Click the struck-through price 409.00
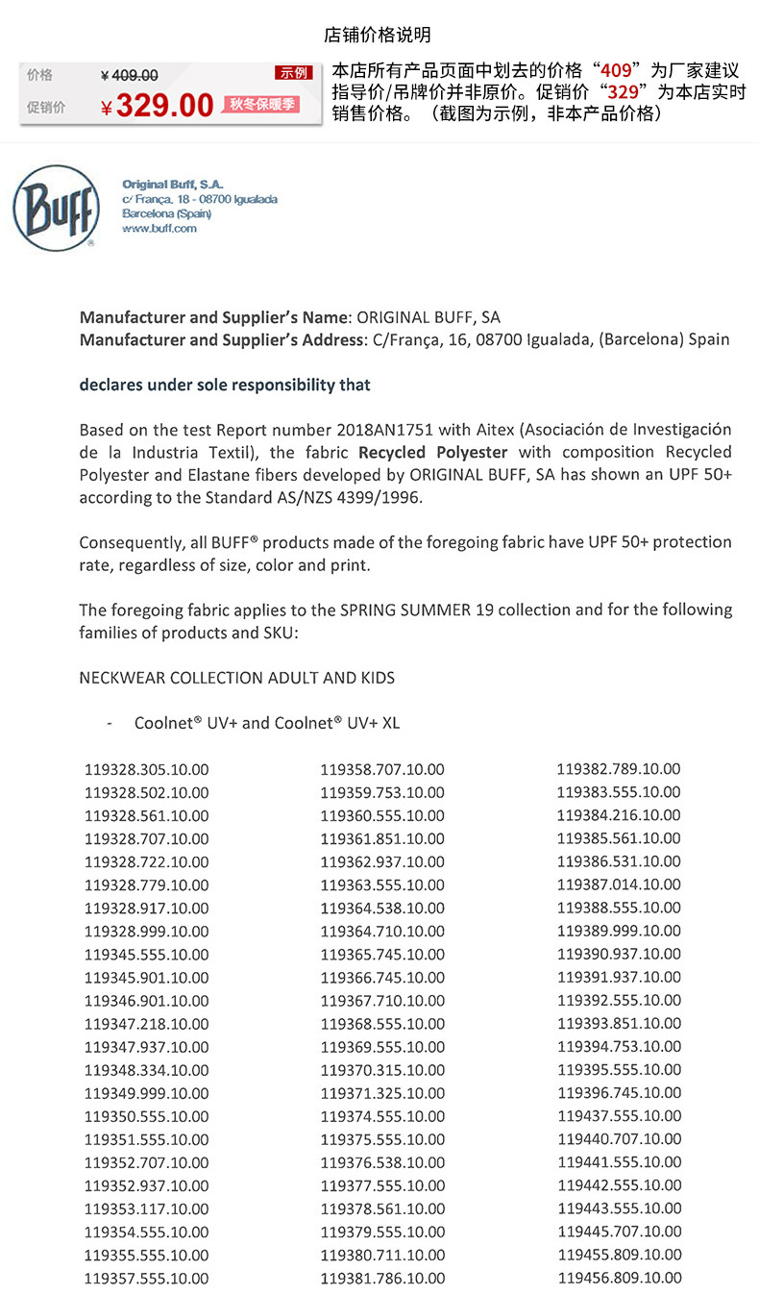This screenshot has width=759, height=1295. click(x=130, y=76)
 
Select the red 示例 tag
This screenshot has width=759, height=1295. click(x=293, y=73)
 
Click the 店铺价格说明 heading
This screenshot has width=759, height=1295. click(x=378, y=36)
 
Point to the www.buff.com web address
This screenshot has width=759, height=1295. click(x=159, y=229)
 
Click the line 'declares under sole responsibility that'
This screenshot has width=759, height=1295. click(x=225, y=385)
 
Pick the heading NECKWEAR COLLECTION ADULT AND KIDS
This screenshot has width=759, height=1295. click(x=236, y=678)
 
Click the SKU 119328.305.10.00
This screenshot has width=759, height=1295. click(x=146, y=770)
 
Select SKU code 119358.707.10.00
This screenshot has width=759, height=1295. click(x=382, y=770)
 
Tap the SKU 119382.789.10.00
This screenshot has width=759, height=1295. click(x=619, y=769)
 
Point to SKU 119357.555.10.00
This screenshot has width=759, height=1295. click(x=146, y=1279)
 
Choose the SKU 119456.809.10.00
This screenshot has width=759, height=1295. click(x=619, y=1278)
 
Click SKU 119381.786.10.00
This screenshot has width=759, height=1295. click(x=382, y=1279)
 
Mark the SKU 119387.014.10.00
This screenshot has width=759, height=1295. click(x=619, y=884)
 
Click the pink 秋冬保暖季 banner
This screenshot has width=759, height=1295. click(x=260, y=105)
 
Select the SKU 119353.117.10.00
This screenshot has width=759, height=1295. click(x=146, y=1208)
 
